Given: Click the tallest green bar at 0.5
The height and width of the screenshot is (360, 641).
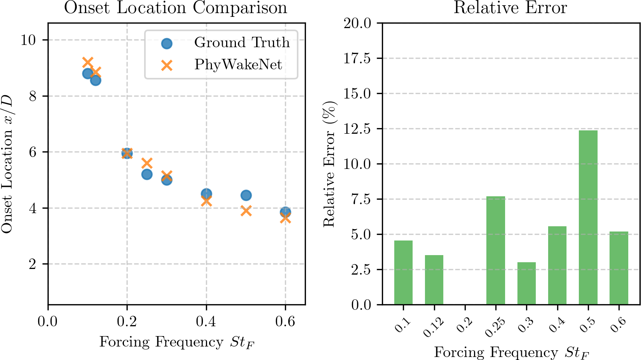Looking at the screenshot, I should [588, 217].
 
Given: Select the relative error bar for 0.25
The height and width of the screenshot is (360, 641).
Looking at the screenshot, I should [495, 250].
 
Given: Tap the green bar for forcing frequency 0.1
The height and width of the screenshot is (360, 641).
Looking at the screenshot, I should [403, 272].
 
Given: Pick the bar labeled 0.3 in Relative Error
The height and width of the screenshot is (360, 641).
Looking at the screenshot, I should [526, 283].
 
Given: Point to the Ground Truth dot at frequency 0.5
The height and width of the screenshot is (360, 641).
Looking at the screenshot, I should [246, 195].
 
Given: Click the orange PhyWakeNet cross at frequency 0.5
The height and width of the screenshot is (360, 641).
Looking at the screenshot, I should [246, 211].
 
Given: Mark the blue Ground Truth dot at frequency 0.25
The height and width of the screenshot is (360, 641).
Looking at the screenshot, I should [147, 174].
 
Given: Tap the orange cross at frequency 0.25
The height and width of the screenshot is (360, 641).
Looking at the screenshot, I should [147, 163].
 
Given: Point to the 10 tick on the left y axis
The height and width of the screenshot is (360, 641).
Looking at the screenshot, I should [28, 40].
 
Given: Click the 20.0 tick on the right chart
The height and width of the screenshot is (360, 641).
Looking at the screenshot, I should [357, 23].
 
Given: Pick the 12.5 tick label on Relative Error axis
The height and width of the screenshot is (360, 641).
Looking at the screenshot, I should [357, 129].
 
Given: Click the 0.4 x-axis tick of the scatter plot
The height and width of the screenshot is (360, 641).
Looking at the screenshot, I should [206, 322].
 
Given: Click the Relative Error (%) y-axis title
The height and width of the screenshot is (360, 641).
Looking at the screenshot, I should [329, 164].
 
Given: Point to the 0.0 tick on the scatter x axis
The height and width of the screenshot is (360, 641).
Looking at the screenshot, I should [48, 322].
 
